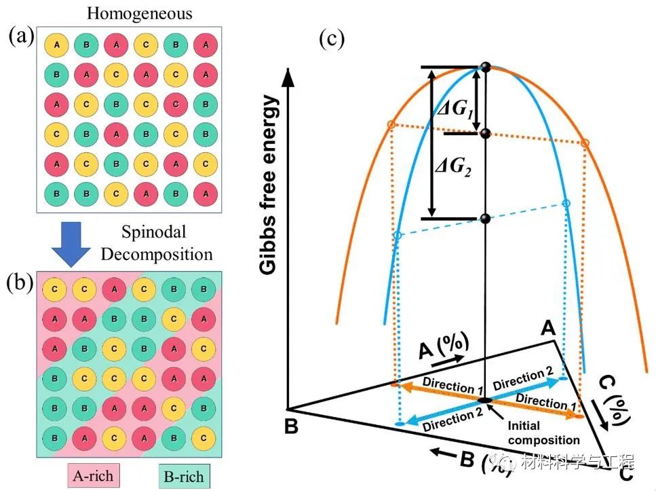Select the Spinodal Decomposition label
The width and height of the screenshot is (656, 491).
(166, 243)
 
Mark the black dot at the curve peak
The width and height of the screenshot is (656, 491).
(485, 67)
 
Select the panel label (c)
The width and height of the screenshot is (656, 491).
(332, 39)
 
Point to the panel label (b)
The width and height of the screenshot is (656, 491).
(22, 280)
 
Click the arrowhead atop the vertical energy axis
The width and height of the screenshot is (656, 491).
(290, 76)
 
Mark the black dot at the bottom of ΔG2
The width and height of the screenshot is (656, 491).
(484, 219)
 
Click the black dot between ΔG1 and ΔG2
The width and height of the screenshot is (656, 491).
(485, 134)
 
